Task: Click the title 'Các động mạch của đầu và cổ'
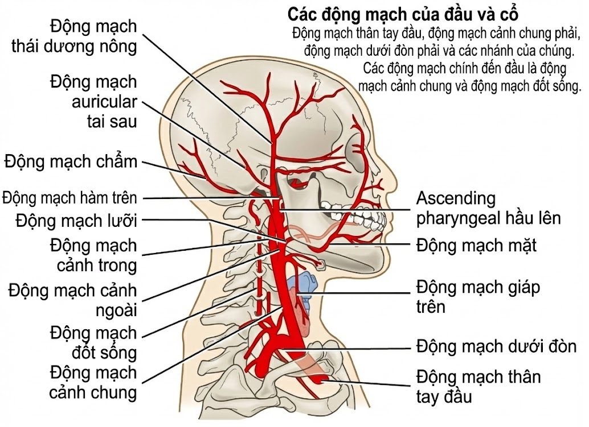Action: pyautogui.click(x=403, y=14)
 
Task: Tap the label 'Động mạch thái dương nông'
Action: pyautogui.click(x=75, y=36)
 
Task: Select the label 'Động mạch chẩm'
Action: pyautogui.click(x=71, y=161)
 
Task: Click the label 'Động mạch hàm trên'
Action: pyautogui.click(x=69, y=197)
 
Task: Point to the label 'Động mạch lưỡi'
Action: pyautogui.click(x=76, y=221)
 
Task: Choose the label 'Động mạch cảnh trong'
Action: pyautogui.click(x=93, y=255)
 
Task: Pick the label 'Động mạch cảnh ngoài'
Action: pyautogui.click(x=73, y=300)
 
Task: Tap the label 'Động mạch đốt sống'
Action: pyautogui.click(x=93, y=343)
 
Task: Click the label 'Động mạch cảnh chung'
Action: pyautogui.click(x=93, y=383)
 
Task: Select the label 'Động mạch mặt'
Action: pyautogui.click(x=476, y=246)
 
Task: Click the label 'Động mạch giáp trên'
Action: pyautogui.click(x=478, y=297)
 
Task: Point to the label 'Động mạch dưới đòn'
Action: pyautogui.click(x=496, y=346)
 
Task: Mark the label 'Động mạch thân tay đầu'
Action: pyautogui.click(x=478, y=387)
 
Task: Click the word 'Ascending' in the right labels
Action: pyautogui.click(x=456, y=198)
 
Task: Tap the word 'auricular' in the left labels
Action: pyautogui.click(x=104, y=102)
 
